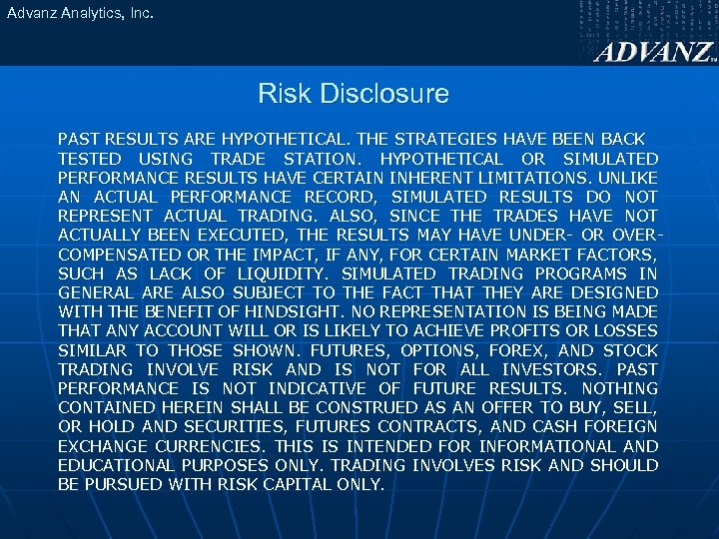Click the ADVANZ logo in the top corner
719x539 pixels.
click(654, 52)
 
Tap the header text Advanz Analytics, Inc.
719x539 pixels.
click(77, 14)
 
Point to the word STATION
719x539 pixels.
click(321, 159)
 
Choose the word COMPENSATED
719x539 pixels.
click(119, 255)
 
